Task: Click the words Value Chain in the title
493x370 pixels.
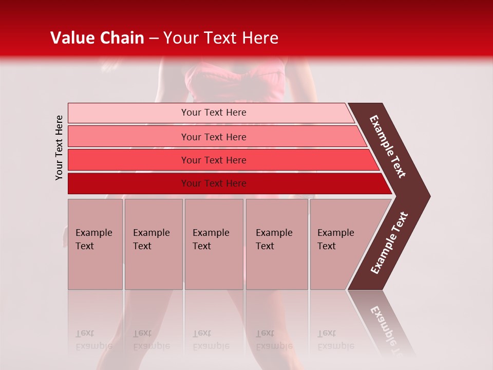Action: [97, 38]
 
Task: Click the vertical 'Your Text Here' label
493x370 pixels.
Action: [60, 147]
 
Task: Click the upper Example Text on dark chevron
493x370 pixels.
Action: [388, 146]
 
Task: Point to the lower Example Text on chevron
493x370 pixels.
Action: [389, 243]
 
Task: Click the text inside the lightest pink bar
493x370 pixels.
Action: [214, 113]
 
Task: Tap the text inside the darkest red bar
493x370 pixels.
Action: [214, 183]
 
